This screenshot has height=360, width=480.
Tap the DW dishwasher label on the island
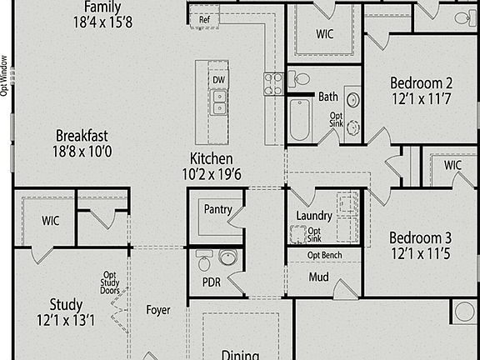click(x=218, y=80)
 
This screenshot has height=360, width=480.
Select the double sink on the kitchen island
click(x=218, y=102)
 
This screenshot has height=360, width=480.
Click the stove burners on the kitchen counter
click(x=273, y=82)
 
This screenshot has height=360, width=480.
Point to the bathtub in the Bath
click(x=299, y=119)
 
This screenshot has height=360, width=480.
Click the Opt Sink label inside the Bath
click(x=336, y=121)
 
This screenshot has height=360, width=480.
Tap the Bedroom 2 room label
click(x=421, y=82)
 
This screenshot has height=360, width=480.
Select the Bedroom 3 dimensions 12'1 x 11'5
click(x=421, y=252)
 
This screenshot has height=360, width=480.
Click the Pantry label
click(x=217, y=210)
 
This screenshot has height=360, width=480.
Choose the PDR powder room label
click(x=212, y=282)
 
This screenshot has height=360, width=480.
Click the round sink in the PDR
click(x=227, y=257)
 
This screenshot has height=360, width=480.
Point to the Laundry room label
click(x=314, y=216)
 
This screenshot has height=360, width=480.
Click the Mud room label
click(x=318, y=277)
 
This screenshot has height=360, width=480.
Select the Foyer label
click(x=158, y=310)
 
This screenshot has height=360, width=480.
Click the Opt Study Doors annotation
click(x=110, y=283)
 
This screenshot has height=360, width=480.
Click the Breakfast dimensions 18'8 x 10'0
click(x=82, y=152)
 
